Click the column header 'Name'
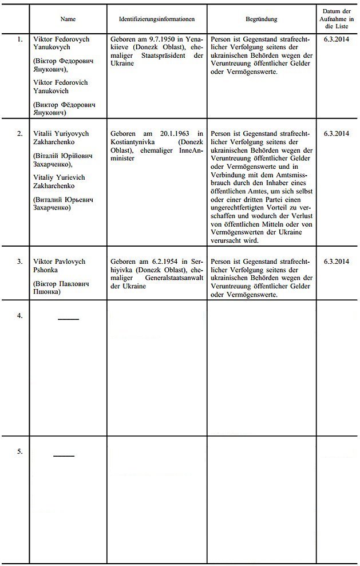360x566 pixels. click(68, 19)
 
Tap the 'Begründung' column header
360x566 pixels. click(261, 19)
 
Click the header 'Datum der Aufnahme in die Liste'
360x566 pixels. click(338, 19)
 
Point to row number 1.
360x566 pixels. click(20, 39)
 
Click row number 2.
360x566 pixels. click(20, 133)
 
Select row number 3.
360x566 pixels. click(20, 262)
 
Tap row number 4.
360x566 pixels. click(20, 316)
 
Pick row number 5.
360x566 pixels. click(20, 452)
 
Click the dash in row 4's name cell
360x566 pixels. click(68, 319)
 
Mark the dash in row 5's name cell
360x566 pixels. click(64, 456)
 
